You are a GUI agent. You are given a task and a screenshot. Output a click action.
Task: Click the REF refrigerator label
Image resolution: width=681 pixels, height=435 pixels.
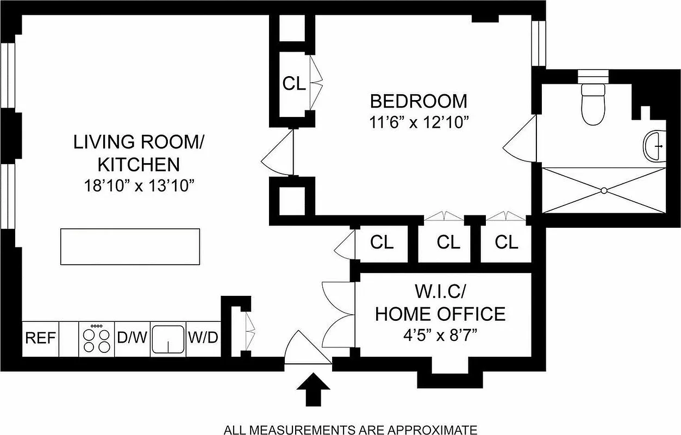click(40, 338)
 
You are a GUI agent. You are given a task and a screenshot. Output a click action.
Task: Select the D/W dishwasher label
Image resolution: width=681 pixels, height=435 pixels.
click(132, 338)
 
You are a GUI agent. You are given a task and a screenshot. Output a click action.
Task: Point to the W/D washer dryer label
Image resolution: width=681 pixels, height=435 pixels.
click(203, 338)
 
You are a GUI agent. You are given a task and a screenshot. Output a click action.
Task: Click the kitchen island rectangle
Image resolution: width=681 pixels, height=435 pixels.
click(130, 246)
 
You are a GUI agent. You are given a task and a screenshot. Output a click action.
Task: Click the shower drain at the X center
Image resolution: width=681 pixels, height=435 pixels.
click(603, 190)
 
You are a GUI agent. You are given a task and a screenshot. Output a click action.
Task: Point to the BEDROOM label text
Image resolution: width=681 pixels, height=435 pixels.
click(418, 101)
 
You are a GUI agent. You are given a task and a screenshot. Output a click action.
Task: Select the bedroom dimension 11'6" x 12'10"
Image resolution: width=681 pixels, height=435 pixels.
click(418, 122)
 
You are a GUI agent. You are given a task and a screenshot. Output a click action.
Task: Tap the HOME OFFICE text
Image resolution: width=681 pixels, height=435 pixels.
click(440, 314)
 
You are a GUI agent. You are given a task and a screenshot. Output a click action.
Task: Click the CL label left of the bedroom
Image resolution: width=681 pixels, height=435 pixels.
click(294, 84)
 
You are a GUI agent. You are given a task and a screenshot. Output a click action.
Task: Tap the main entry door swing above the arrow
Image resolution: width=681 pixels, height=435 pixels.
click(304, 348)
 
